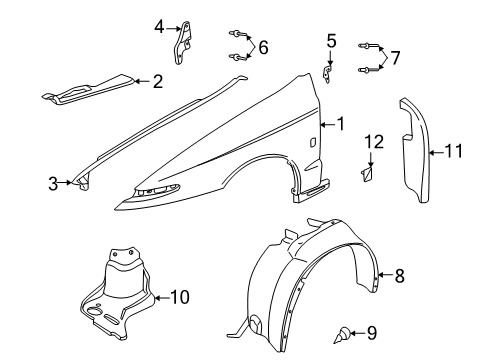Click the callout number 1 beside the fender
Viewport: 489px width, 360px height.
tap(341, 124)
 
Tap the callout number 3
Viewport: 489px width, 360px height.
tap(53, 182)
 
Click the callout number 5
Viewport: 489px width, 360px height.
tap(331, 40)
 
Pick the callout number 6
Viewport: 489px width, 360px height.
tap(263, 47)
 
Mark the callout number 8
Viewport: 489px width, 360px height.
tap(399, 277)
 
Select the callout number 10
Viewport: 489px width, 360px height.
tap(180, 296)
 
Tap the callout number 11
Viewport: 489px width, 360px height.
tap(454, 152)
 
